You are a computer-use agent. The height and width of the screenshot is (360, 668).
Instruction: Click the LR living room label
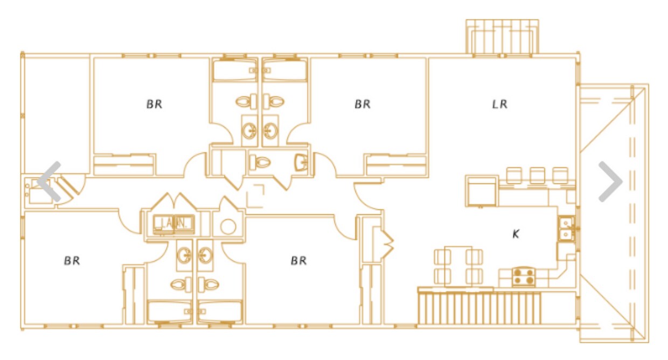pos(499,104)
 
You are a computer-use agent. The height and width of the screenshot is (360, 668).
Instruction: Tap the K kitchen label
pos(516,234)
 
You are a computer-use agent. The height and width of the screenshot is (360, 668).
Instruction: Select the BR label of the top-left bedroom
pos(154,104)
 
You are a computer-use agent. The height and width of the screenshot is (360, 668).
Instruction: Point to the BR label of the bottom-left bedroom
pos(72,261)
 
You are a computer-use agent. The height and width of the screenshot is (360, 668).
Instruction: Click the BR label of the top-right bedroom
pos(363,104)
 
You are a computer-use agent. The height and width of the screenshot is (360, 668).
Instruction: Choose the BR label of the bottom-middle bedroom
pos(298,261)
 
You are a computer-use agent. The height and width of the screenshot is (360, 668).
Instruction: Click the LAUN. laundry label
pos(174,223)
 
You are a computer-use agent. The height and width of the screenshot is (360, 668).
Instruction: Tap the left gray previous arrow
pos(50,182)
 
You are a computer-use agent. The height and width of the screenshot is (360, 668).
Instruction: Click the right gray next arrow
pos(610,182)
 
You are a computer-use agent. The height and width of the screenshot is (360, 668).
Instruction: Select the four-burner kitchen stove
pos(524,277)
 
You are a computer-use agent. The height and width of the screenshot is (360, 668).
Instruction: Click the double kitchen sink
pos(566,229)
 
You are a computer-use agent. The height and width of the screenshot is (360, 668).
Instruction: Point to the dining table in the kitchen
pos(458,266)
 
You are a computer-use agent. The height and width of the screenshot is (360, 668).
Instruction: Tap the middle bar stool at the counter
pos(537,176)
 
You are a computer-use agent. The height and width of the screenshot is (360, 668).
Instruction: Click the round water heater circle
pos(228,227)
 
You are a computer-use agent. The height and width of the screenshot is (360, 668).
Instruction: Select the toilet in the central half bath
pos(260,163)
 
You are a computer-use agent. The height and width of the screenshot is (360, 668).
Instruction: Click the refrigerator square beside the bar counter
pos(482,191)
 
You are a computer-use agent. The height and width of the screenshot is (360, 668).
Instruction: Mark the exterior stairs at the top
pos(502,37)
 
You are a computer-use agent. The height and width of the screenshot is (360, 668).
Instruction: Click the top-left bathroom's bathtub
pos(235,70)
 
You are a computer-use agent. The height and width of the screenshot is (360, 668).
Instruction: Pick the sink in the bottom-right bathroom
pos(205,255)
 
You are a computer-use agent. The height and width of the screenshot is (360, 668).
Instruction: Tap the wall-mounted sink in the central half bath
pos(301,163)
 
